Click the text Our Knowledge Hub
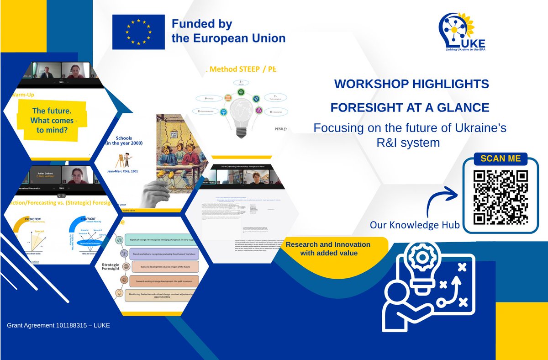[415, 225]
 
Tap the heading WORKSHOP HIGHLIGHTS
[411, 84]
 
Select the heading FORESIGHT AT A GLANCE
[410, 107]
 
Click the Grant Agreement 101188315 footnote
[58, 325]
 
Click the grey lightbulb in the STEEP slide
[241, 114]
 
